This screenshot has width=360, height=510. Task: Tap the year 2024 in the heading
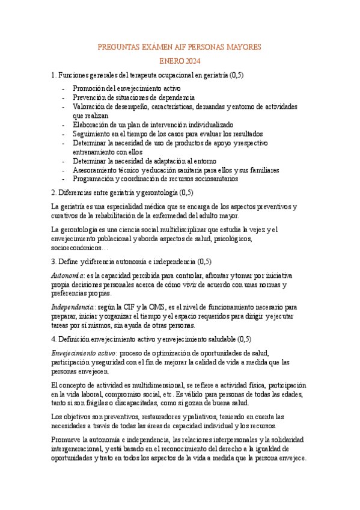[x=192, y=61]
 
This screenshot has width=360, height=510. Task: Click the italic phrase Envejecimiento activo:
[x=85, y=353]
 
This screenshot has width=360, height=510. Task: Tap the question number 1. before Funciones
[x=55, y=75]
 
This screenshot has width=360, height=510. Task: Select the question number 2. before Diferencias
[x=55, y=192]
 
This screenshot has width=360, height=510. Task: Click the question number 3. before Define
[x=55, y=262]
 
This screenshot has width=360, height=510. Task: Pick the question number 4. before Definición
[x=55, y=339]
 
